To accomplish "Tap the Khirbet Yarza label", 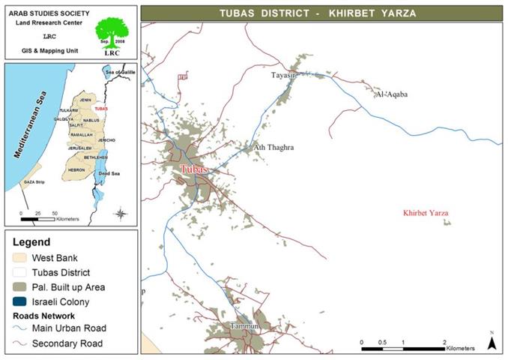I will point(426,214).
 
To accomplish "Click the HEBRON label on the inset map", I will point(76,170).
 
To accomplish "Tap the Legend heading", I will point(29,242).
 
